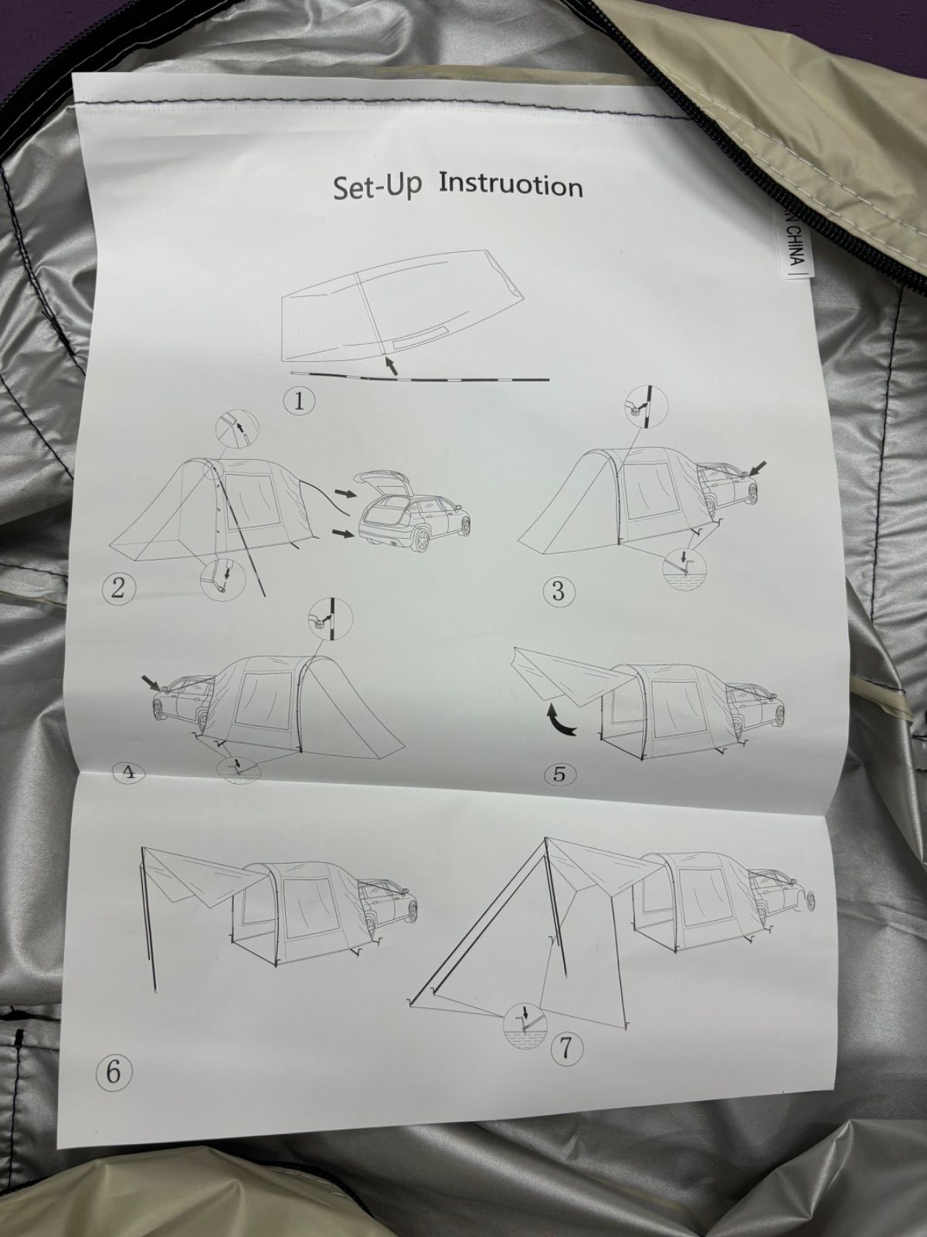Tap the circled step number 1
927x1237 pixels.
(x=299, y=402)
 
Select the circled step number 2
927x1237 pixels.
(x=118, y=589)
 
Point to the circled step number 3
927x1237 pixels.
(x=559, y=591)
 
